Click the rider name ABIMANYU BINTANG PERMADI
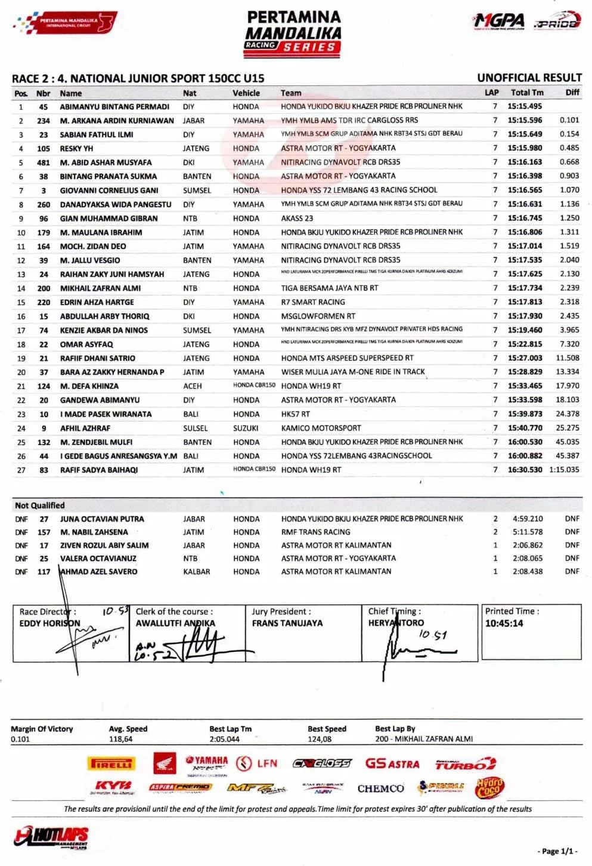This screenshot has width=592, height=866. pos(114,107)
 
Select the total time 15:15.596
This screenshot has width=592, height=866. pos(525,121)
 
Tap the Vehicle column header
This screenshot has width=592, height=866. pos(246,93)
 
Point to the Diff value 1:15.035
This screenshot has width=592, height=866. pos(564,470)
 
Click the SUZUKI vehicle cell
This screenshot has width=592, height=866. pos(246,428)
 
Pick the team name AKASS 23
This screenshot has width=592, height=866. pos(297,218)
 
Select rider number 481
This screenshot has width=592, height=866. pos(44,162)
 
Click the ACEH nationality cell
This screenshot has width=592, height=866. pos(193,386)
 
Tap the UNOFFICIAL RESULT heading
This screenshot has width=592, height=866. pos(529,78)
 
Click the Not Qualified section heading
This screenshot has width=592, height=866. pos(40,506)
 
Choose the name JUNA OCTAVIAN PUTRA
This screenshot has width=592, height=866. pos(102,519)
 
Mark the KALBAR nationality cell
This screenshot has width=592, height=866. pos(197,572)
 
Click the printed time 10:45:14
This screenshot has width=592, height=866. pos(504,623)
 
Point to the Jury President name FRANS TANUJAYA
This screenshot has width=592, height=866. pos(287,623)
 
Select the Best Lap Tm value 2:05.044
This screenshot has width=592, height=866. pos(224,739)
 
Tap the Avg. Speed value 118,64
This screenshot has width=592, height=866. pos(120,739)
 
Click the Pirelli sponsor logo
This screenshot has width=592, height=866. pos(112,764)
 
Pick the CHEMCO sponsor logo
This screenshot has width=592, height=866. pos(380,788)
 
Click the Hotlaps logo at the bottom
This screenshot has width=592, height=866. pos(51,836)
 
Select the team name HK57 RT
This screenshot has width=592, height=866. pos(295,414)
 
